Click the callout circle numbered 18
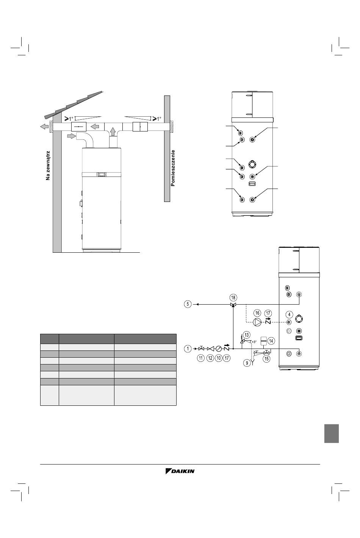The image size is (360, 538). tap(233, 297)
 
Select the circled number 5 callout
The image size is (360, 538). tap(188, 304)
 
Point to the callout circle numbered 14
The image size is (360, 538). tap(271, 341)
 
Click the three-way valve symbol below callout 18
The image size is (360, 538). tap(233, 305)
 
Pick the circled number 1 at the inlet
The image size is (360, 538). tap(188, 349)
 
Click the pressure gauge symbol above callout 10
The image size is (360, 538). tap(219, 349)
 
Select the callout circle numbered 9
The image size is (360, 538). tap(247, 363)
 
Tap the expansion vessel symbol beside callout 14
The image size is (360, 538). tap(264, 340)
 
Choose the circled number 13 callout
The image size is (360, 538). tap(247, 335)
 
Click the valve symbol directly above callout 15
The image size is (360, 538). tap(266, 353)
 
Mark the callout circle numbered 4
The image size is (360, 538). tap(289, 314)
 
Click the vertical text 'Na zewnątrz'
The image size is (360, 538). tap(48, 166)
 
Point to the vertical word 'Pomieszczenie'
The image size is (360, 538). tap(173, 168)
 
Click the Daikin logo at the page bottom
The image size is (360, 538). tap(180, 471)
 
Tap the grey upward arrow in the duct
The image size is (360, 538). tap(113, 131)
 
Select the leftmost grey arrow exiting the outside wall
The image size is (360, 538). tap(44, 127)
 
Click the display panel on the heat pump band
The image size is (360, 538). tap(102, 175)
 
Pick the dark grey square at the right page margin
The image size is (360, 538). tap(332, 433)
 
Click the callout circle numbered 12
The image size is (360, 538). tap(210, 358)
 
